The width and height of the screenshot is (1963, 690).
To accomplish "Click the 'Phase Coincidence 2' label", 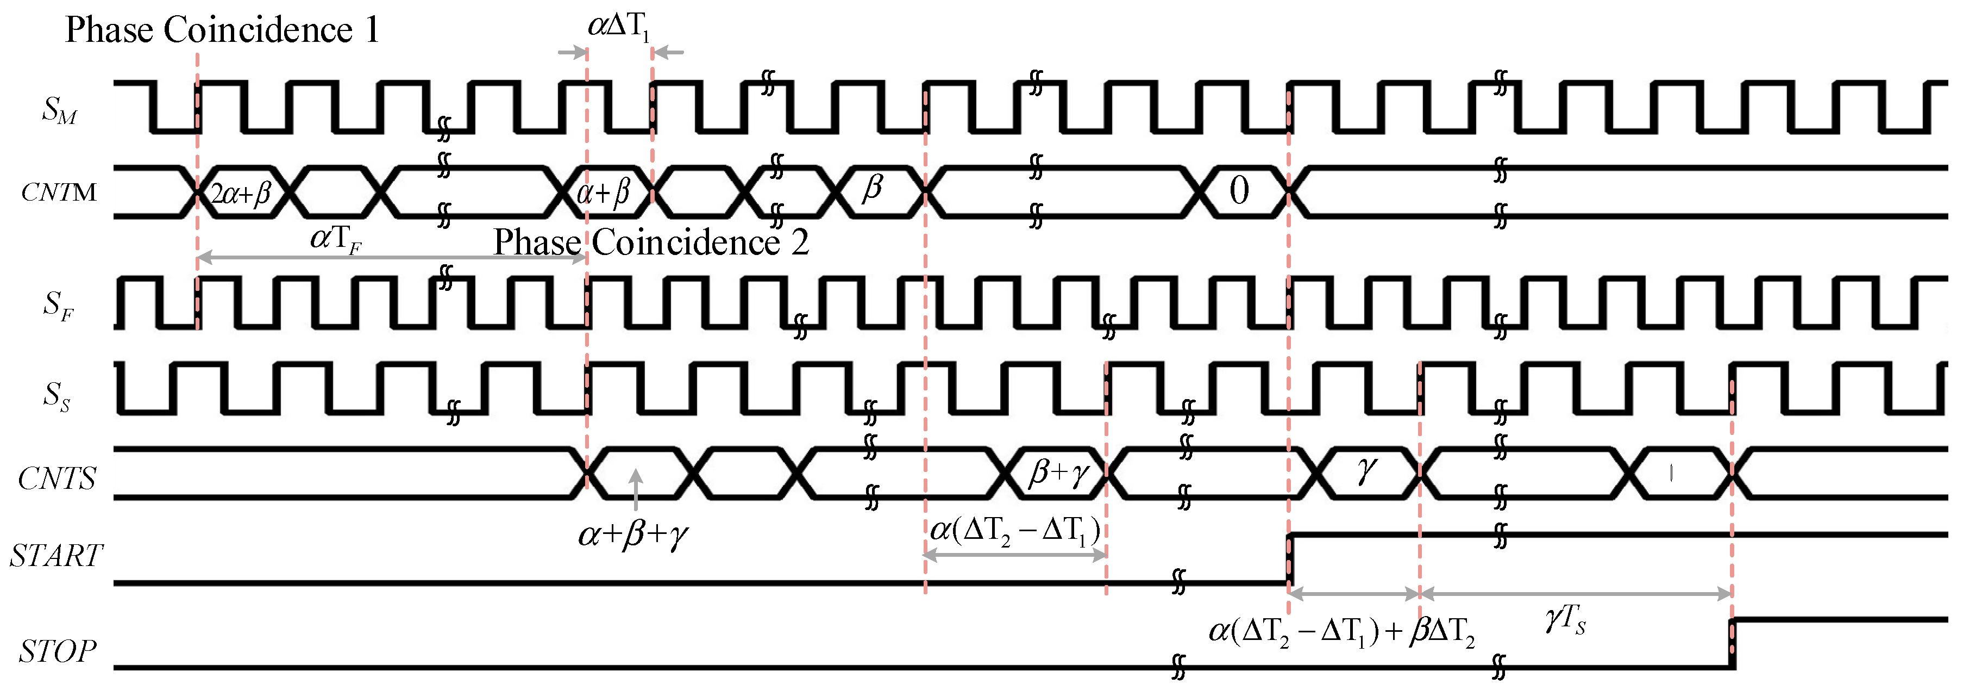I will point(651,243).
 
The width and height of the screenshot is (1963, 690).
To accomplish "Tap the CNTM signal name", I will point(59,192).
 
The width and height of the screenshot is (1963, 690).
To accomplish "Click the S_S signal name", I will point(57,396).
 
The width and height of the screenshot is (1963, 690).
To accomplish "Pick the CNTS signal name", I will point(57,479).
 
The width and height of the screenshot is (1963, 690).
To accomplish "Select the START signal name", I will point(55,556).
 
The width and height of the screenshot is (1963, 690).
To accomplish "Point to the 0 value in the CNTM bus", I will point(1239,191).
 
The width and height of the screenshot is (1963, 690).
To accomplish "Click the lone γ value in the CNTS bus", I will point(1366,470).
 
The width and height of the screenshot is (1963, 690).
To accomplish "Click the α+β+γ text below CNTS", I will point(634,534).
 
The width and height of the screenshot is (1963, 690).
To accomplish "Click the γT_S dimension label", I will point(1565,619).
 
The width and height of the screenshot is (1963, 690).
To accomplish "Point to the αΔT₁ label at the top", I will point(619,27).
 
